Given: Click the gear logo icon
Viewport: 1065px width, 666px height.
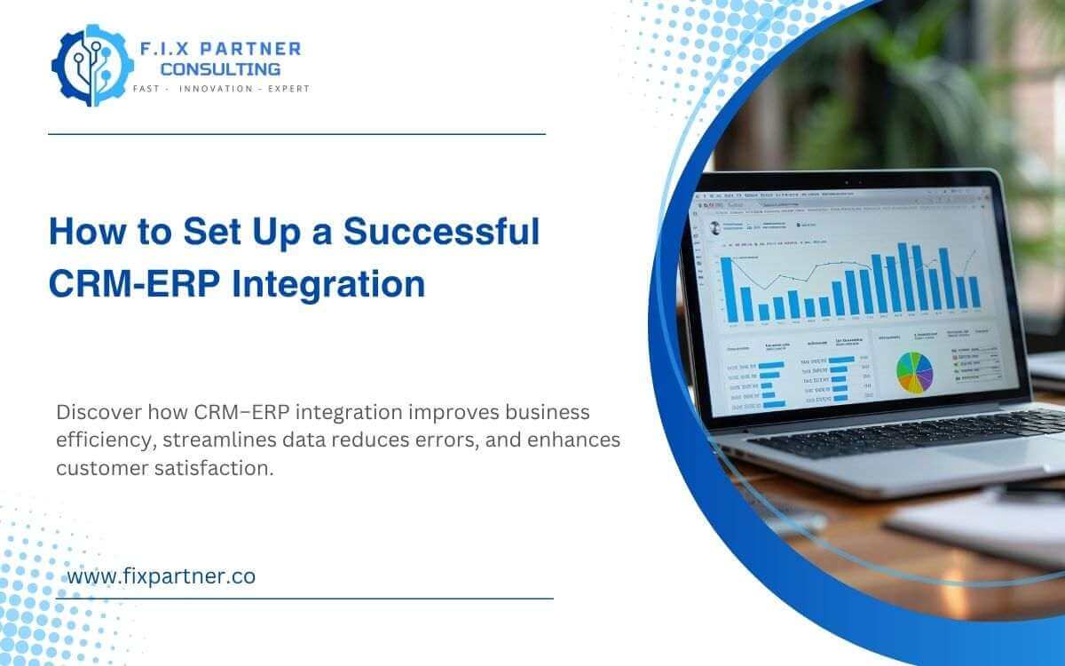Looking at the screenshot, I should tap(89, 65).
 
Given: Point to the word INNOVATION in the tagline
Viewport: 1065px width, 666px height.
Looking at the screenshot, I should tap(216, 89).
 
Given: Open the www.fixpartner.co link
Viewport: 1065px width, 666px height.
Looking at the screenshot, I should tap(162, 575).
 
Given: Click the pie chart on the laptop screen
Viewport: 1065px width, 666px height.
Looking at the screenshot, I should tap(914, 370).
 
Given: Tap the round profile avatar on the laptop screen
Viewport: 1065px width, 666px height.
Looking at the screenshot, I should tap(715, 227).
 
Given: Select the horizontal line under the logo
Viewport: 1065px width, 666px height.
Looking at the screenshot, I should tap(296, 134).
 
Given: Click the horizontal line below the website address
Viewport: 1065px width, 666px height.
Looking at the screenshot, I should tap(304, 599).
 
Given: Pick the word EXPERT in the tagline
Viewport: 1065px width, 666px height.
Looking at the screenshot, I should tap(287, 89).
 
